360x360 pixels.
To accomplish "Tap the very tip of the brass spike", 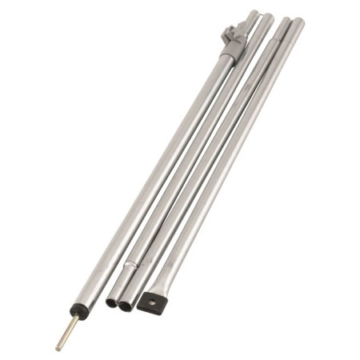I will coord(58,348).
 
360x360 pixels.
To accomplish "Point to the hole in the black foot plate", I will coord(148,303).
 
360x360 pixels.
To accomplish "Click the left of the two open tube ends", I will coord(110,303).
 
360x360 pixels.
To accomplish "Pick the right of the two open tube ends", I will coord(125,306).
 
